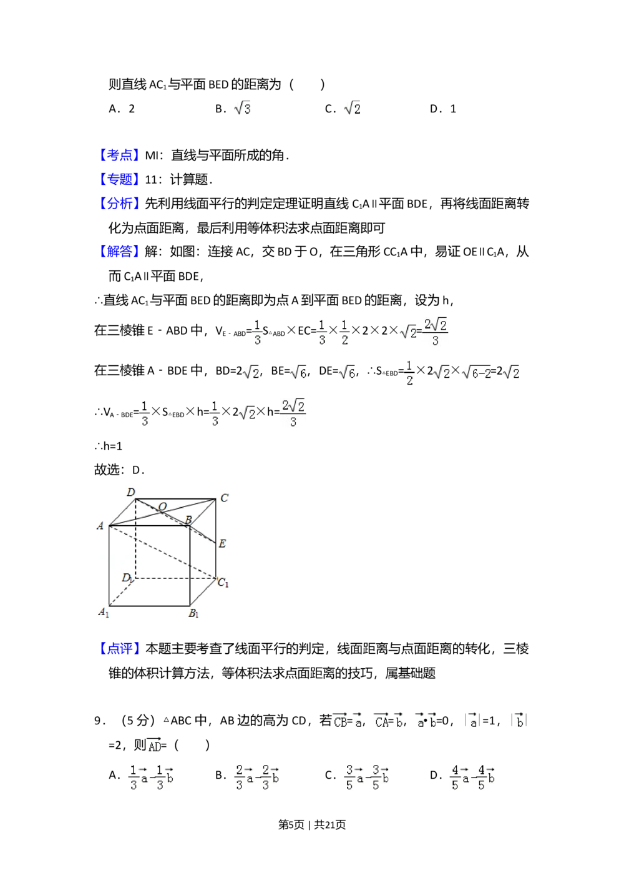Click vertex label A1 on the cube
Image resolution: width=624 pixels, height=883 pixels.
point(104,613)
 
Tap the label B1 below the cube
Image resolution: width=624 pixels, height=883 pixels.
point(194,614)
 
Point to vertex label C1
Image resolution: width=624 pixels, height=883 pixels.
point(223,583)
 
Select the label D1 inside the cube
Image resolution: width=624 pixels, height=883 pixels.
point(127,578)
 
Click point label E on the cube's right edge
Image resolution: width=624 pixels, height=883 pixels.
point(222,544)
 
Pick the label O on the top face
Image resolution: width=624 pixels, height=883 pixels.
point(162,506)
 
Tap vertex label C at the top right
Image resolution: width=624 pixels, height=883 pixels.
point(224,498)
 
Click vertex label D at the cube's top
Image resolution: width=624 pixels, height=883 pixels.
point(130,493)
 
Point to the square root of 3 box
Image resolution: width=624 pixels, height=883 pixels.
point(241,109)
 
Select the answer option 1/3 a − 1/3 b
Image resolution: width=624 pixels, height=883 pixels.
point(150,777)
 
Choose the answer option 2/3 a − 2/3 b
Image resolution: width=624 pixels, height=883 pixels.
point(255,777)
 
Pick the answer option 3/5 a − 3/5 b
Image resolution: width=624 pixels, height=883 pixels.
point(364,777)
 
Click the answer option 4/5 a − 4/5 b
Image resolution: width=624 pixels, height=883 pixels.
point(474,777)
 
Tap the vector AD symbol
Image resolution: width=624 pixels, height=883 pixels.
point(154,744)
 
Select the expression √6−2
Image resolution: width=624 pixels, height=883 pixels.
point(476,373)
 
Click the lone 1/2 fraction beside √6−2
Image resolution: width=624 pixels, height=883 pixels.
point(409,372)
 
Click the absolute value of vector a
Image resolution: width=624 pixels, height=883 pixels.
point(472,721)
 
